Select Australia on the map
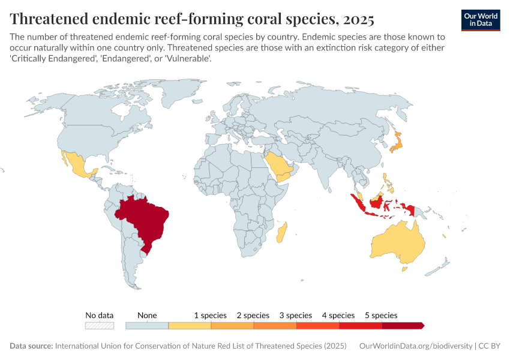[x=398, y=243]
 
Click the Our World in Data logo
[x=481, y=19]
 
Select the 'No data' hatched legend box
[x=100, y=325]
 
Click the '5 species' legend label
[x=381, y=315]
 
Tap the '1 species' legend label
[x=210, y=315]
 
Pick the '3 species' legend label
[x=295, y=315]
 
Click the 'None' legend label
[x=147, y=315]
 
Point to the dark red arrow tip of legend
[x=422, y=325]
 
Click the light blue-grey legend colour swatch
[x=147, y=325]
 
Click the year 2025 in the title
[x=358, y=19]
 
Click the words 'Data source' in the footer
[x=31, y=346]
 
